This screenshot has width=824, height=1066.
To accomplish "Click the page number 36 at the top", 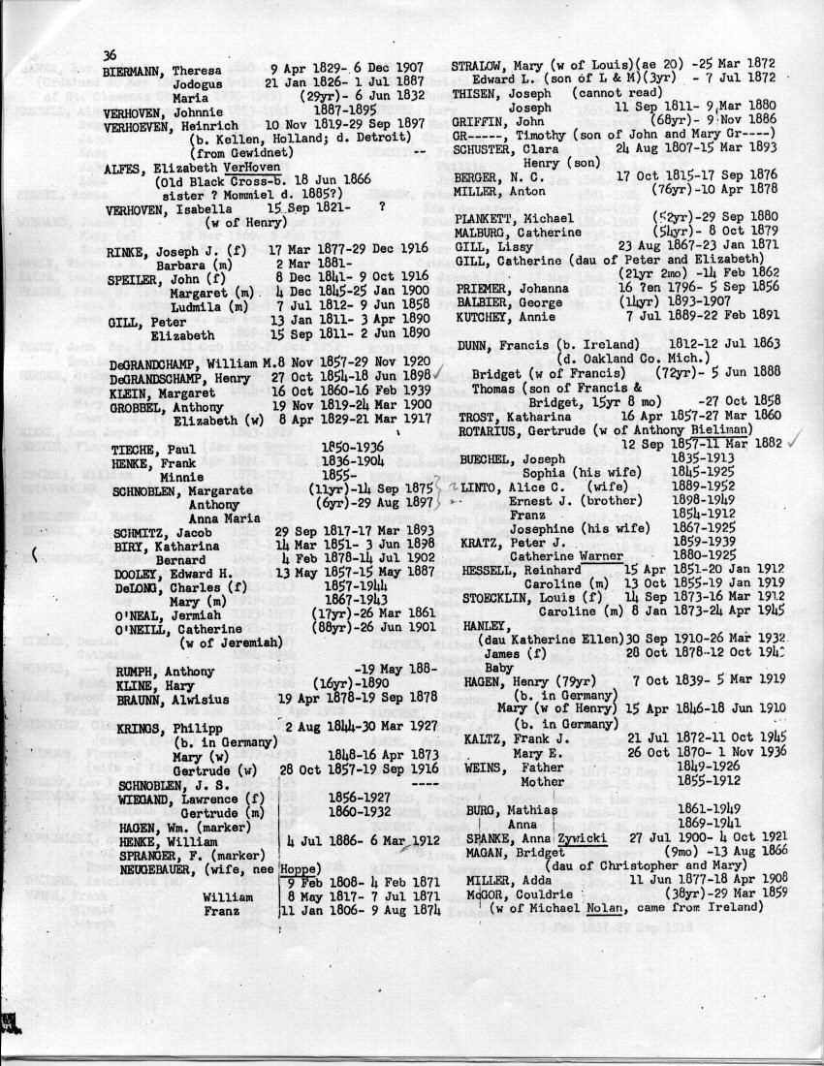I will point(110,54).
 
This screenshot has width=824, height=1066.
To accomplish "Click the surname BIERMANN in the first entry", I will point(135,72).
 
